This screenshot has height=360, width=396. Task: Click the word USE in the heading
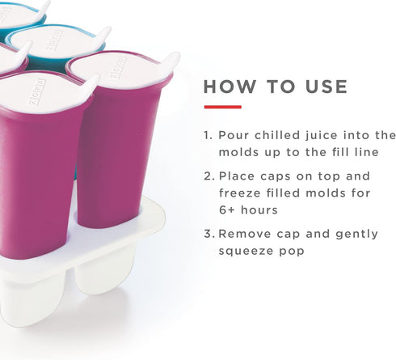(x=323, y=87)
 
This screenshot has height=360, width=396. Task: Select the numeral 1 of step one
(x=207, y=136)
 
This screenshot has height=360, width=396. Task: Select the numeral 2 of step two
(x=208, y=176)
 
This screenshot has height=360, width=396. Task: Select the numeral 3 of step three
(x=208, y=234)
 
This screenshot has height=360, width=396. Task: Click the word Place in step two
(x=237, y=176)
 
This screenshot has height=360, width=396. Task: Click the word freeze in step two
(x=239, y=193)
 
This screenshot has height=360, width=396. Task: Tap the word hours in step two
(x=263, y=210)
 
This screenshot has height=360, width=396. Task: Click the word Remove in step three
(x=243, y=234)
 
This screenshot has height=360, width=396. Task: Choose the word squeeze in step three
(x=246, y=252)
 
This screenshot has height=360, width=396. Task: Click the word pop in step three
(x=295, y=252)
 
